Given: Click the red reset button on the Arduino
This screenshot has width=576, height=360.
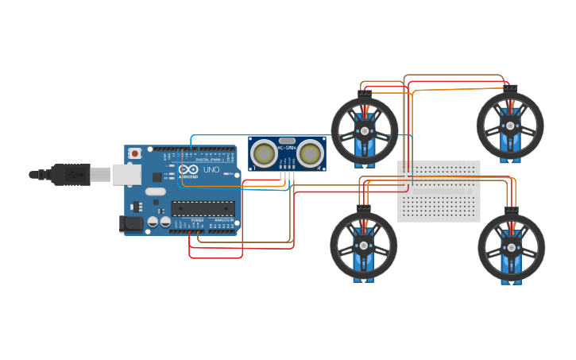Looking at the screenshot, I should click(x=135, y=153).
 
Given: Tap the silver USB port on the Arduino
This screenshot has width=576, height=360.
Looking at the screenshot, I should click(x=126, y=174).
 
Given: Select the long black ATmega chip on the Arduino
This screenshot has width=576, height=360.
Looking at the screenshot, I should click(x=203, y=209).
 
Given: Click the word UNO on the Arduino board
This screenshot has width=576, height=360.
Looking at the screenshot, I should click(x=211, y=170).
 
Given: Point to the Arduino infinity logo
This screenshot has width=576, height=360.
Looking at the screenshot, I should click(x=189, y=170).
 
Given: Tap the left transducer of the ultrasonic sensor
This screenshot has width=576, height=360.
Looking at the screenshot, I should click(x=263, y=153).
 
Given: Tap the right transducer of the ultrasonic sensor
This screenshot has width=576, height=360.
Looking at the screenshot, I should click(x=310, y=153).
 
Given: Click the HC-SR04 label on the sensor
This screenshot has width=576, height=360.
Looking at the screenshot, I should click(x=287, y=146).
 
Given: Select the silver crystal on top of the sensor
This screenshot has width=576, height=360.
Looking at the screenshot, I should click(x=287, y=140).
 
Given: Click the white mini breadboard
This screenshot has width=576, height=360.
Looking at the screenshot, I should click(x=439, y=191).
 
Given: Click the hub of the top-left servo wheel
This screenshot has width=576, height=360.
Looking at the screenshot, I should click(x=365, y=130).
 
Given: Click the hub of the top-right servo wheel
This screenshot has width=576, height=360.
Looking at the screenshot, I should click(x=510, y=126).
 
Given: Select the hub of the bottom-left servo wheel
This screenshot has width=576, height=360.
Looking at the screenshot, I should click(x=364, y=246).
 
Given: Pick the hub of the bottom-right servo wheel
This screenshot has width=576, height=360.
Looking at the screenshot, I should click(x=511, y=247).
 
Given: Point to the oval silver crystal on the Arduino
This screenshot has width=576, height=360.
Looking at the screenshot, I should click(x=155, y=191).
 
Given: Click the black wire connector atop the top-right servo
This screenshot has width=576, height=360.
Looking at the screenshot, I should click(x=511, y=87).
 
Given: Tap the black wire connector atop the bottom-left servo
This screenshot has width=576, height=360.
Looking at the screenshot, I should click(x=364, y=208).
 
